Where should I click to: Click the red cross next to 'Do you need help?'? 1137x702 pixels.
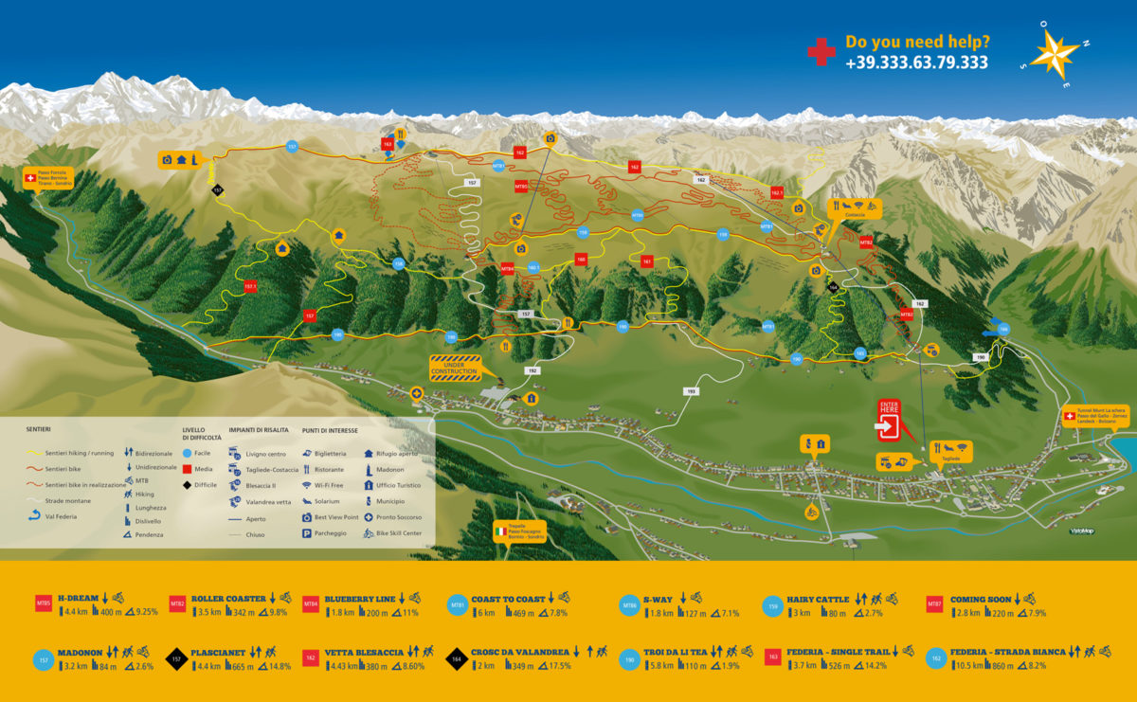tap(821, 51)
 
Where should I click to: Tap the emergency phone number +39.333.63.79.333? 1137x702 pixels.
tap(916, 63)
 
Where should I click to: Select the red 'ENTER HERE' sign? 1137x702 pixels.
tap(890, 420)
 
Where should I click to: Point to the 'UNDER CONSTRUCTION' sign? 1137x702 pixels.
tap(456, 368)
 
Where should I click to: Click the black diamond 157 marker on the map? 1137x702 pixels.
tap(217, 189)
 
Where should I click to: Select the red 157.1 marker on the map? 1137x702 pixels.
tap(250, 285)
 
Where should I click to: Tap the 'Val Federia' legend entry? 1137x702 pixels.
tap(59, 516)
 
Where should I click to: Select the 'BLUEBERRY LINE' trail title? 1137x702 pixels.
tap(359, 599)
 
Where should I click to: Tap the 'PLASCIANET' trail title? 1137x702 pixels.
tap(218, 652)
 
